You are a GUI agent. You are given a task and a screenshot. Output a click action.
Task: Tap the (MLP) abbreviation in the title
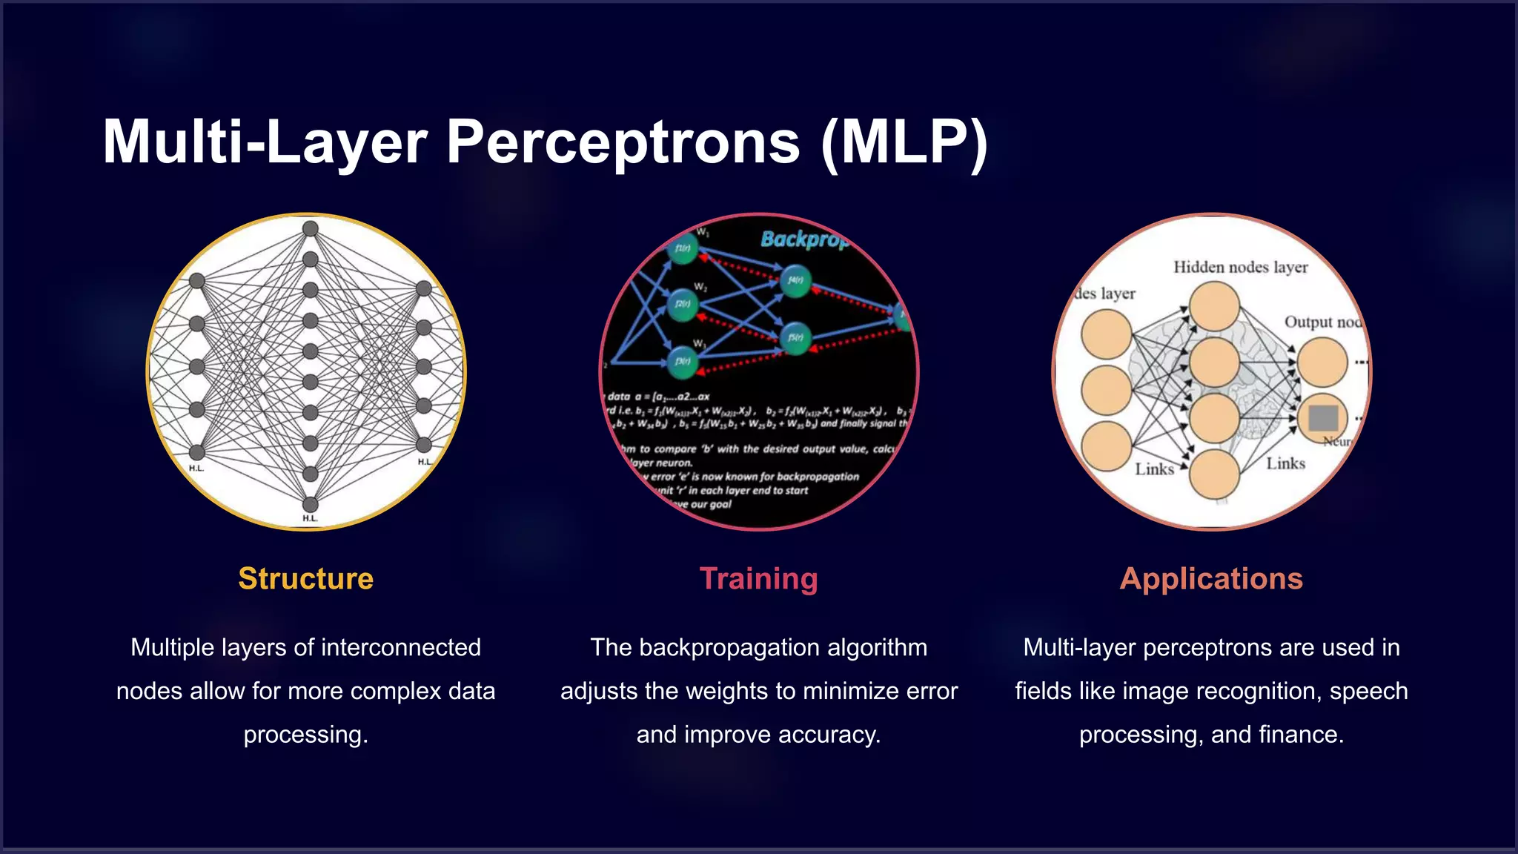point(904,142)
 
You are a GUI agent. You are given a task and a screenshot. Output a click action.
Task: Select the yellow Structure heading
point(305,579)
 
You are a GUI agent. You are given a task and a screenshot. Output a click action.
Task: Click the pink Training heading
point(758,579)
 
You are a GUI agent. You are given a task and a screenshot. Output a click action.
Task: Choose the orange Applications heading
point(1211,579)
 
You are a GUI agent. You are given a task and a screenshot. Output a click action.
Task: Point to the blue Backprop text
point(804,239)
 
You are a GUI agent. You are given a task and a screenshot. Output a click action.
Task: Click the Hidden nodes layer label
point(1240,268)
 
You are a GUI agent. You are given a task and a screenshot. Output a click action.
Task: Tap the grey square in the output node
point(1323,418)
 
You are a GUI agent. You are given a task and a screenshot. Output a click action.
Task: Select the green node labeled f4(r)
point(795,281)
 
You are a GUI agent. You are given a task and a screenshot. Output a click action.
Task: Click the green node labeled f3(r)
point(682,362)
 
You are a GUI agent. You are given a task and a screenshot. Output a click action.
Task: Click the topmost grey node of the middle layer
point(311,228)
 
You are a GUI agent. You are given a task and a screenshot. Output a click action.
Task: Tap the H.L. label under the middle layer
point(310,518)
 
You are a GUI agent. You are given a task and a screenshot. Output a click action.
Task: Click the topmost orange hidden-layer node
point(1214,306)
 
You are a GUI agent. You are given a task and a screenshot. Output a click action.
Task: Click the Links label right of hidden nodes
point(1285,464)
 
